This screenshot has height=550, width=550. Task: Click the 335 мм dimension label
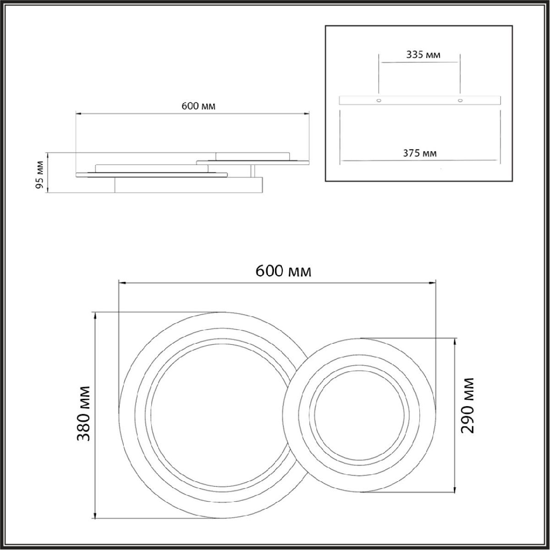(x=423, y=55)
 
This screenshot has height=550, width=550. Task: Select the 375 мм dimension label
(x=419, y=153)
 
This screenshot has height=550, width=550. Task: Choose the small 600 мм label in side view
(x=198, y=106)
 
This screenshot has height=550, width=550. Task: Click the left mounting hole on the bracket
(x=379, y=100)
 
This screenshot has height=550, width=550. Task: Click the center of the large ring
(x=221, y=415)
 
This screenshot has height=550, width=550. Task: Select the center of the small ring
(x=360, y=415)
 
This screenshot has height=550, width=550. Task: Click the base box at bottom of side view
(x=188, y=186)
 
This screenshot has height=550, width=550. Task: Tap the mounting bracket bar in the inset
(x=419, y=100)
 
